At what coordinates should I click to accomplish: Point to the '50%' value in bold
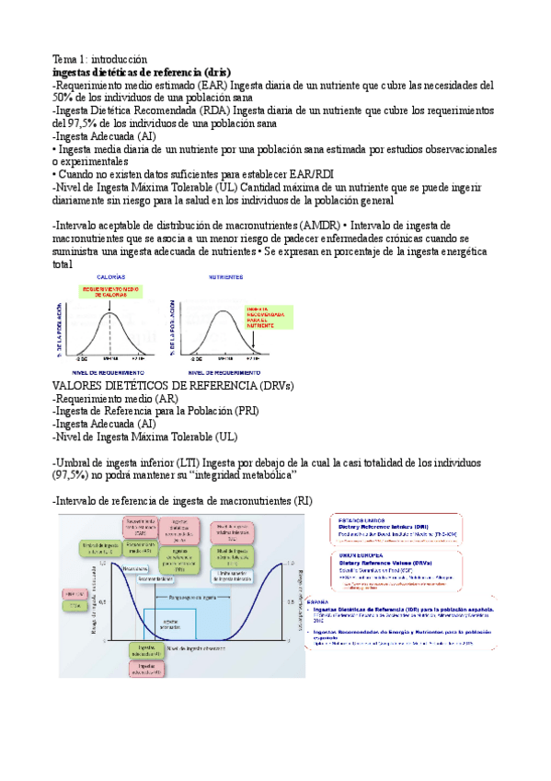click(x=63, y=98)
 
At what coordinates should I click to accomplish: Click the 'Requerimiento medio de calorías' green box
click(x=111, y=292)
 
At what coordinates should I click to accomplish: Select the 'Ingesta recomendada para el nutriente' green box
click(x=265, y=317)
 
